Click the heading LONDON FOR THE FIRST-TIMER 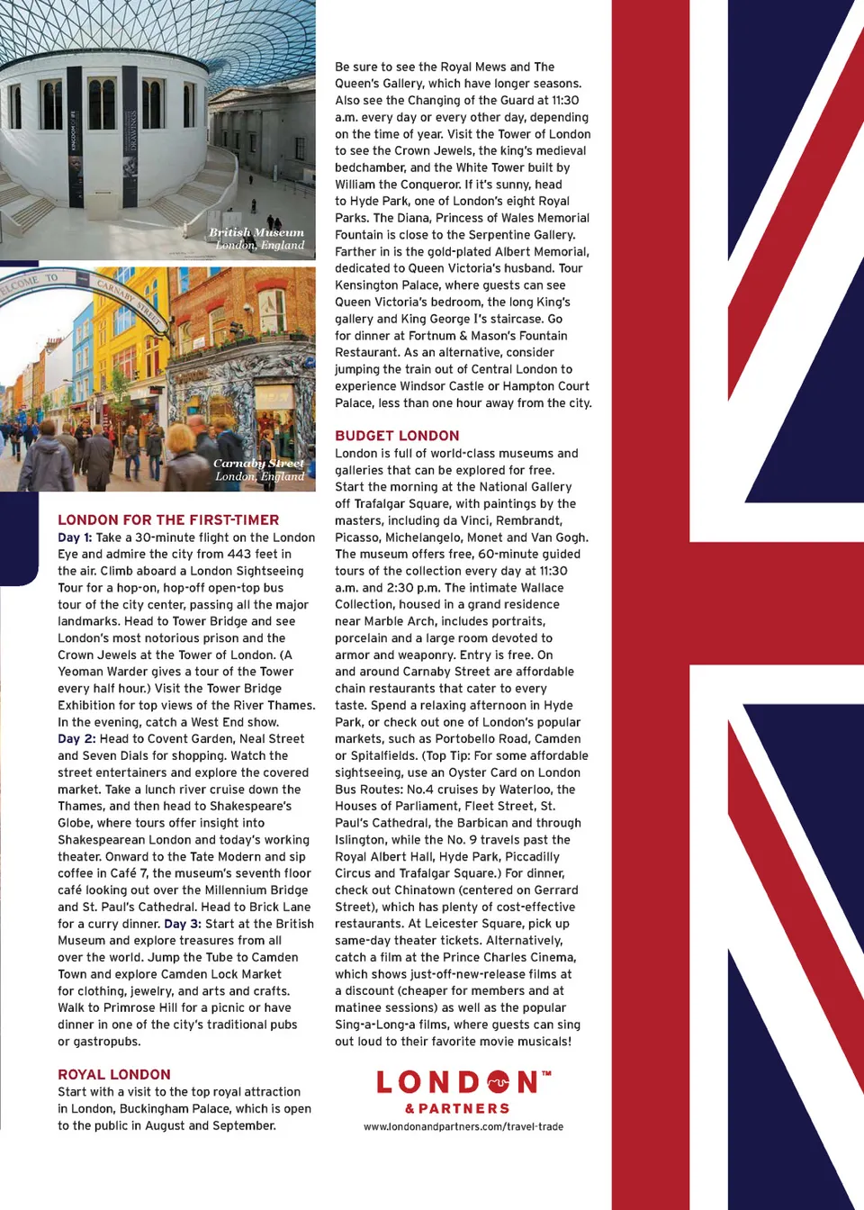(168, 519)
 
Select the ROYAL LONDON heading (114, 1074)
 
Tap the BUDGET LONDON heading (397, 436)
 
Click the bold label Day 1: (75, 537)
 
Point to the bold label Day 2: (76, 739)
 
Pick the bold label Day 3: (183, 924)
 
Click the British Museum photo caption (257, 239)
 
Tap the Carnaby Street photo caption (259, 469)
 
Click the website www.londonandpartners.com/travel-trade (463, 1126)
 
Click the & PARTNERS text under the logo (457, 1108)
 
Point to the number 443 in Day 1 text (239, 555)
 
